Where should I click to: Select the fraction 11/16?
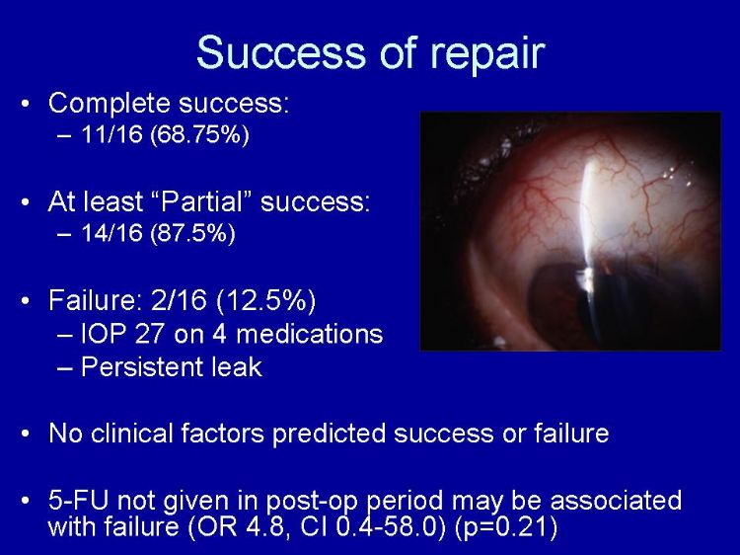111,134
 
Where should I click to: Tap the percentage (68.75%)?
199,135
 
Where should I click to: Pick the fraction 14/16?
111,232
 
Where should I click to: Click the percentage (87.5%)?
192,233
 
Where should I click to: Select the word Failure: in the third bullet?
95,299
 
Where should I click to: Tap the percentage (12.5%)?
265,300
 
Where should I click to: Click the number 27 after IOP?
150,334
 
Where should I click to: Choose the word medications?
309,334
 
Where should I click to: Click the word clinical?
131,433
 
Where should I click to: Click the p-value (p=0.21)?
506,527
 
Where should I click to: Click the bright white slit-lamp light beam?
588,222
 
